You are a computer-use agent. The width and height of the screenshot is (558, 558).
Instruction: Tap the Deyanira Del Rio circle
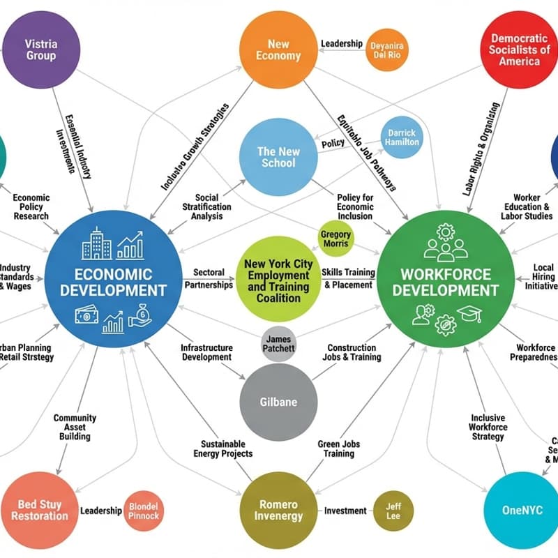tap(386, 50)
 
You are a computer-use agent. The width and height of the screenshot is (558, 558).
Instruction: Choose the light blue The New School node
tap(278, 157)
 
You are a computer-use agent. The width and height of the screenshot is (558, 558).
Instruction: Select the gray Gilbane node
tap(278, 402)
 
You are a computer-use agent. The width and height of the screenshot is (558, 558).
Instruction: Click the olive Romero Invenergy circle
tap(278, 511)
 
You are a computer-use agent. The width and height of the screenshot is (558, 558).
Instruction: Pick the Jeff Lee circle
tap(393, 511)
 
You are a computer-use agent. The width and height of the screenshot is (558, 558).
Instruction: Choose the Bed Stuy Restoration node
tap(40, 511)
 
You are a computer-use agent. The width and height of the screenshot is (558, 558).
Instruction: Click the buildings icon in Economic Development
tap(96, 243)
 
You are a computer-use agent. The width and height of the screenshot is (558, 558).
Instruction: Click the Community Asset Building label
tap(75, 427)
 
